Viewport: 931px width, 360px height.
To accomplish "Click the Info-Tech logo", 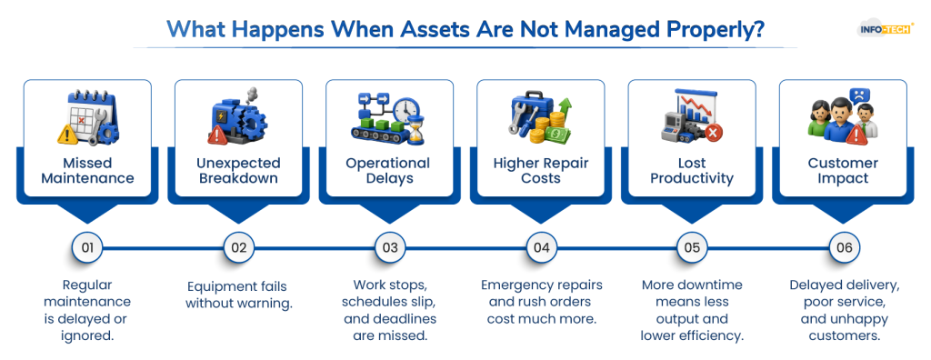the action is point(886,28).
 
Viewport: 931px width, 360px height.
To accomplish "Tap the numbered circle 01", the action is point(87,247).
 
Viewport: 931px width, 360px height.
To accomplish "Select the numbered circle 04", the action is point(542,247).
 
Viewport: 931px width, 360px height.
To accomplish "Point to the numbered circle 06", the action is point(844,247).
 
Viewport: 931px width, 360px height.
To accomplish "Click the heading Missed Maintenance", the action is point(87,171).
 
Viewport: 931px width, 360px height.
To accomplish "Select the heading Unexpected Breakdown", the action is point(239,171).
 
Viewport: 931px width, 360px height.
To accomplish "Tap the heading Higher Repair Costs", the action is point(542,171).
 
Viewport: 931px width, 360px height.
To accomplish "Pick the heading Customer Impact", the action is point(843,171).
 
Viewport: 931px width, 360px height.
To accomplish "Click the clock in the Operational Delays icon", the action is point(406,111).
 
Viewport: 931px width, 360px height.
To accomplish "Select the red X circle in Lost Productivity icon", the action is point(712,133).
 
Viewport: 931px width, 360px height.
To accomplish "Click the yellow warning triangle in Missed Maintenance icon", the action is point(67,135).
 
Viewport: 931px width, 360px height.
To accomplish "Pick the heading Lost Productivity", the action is point(692,171).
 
